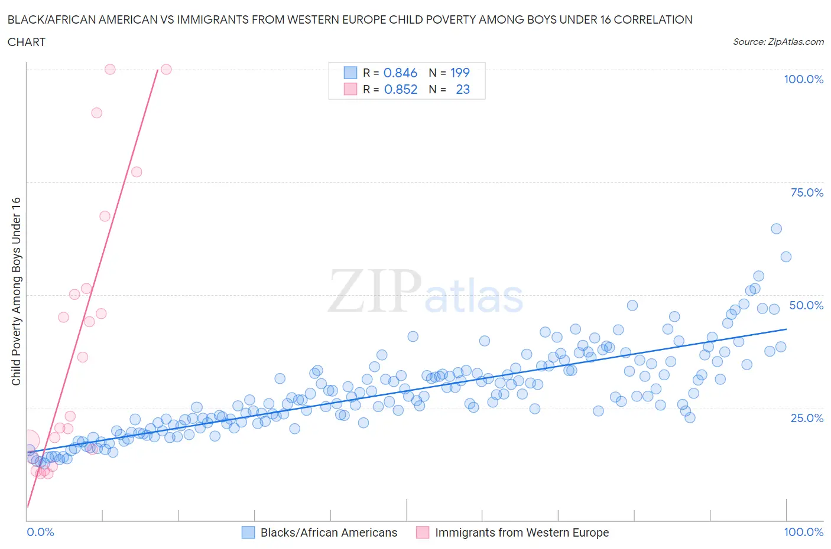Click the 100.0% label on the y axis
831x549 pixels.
point(803,79)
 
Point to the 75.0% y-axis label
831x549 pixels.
point(807,192)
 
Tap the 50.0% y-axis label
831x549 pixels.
point(806,305)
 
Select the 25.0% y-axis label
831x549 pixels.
point(807,418)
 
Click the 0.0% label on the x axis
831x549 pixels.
point(40,532)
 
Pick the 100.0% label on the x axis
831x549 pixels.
point(803,532)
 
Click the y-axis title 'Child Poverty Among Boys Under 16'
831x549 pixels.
point(16,291)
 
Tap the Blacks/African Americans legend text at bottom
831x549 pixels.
point(329,532)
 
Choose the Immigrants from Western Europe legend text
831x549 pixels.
point(522,532)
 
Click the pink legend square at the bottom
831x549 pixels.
point(423,532)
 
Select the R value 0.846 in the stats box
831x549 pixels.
point(400,73)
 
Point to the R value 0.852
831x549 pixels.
point(400,89)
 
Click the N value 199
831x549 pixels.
point(460,73)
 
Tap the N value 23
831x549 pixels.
point(463,89)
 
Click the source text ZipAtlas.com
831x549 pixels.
point(778,41)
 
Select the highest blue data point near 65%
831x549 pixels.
point(776,228)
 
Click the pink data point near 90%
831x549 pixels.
point(96,113)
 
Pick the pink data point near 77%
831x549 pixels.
point(137,172)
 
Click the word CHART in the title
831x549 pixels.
point(27,42)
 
